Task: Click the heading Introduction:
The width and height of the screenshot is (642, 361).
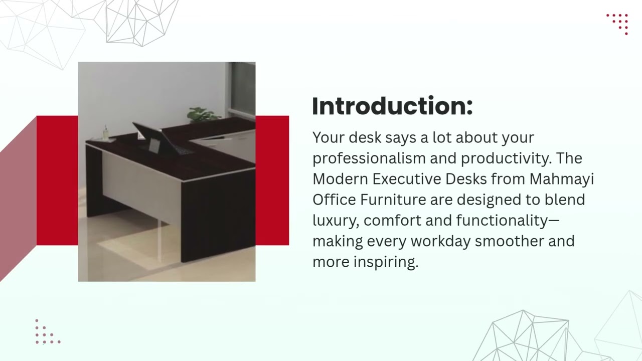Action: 392,106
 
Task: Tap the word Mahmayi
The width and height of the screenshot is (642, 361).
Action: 561,179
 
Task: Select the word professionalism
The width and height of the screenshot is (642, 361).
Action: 369,158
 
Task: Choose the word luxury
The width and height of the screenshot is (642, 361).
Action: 334,221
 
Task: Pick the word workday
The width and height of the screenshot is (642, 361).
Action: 440,241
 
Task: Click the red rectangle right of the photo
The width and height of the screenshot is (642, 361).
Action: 272,180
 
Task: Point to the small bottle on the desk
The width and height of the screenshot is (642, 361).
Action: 106,133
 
